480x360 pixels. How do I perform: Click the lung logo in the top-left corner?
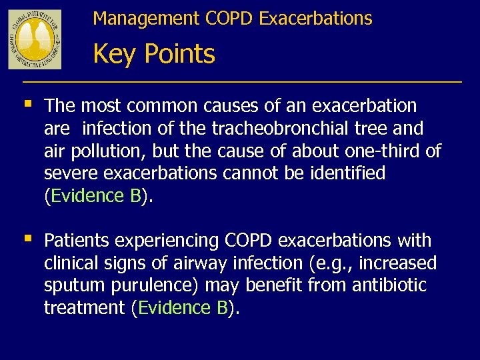pos(35,39)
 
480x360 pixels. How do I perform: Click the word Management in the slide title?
pos(129,19)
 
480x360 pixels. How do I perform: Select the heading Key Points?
pos(154,54)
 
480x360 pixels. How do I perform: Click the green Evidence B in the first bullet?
pos(95,196)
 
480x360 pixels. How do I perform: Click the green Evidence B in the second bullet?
pos(183,308)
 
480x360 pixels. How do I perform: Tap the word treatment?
pos(85,308)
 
